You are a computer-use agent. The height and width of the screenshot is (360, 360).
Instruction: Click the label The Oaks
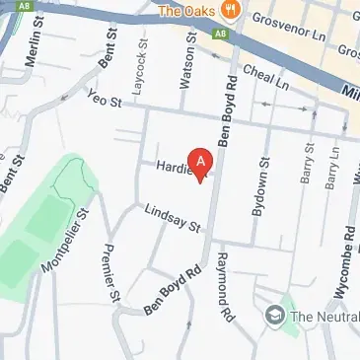188,12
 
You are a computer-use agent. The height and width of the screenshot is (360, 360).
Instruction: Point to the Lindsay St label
172,218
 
